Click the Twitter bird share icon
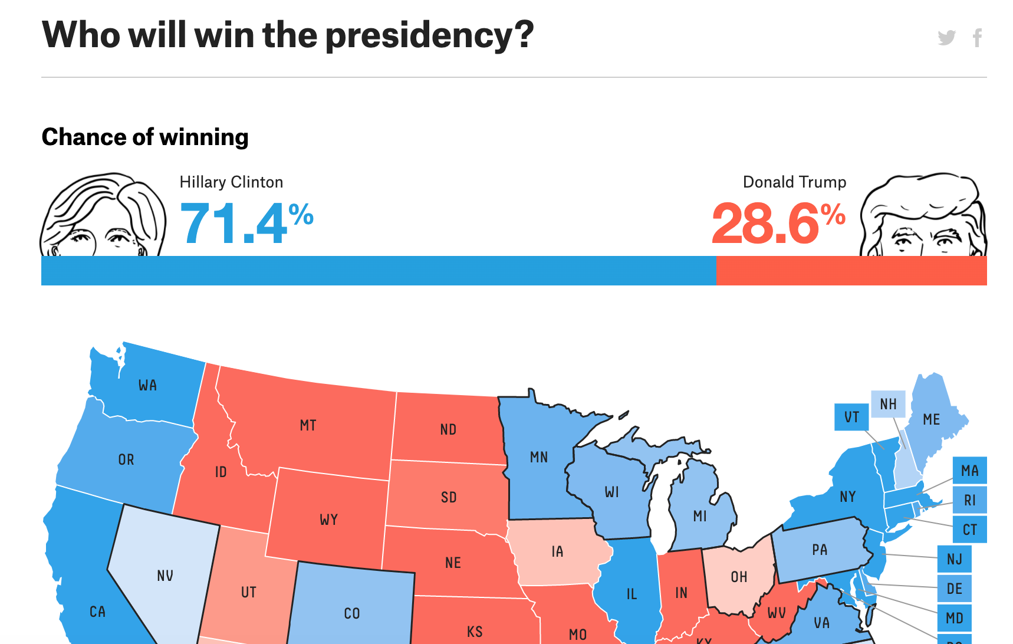[946, 38]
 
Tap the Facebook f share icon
[977, 38]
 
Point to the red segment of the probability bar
[851, 271]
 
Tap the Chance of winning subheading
[145, 137]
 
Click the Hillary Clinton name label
[231, 182]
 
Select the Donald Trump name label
[794, 182]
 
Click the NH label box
[888, 404]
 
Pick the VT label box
[851, 418]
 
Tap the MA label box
[969, 471]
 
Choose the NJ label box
[954, 559]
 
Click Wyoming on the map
[328, 519]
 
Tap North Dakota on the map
[448, 429]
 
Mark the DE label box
[954, 589]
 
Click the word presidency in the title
[429, 35]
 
